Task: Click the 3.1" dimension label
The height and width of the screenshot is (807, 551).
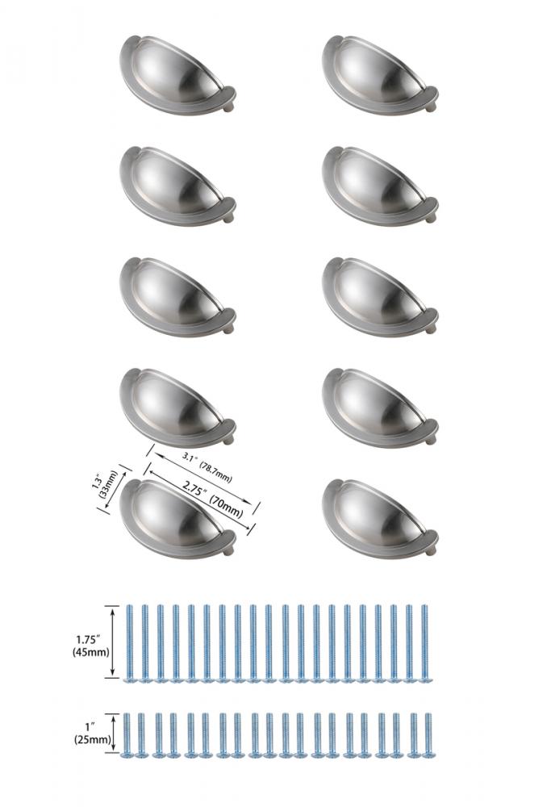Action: tap(190, 456)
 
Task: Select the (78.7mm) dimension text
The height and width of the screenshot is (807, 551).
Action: tap(216, 471)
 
